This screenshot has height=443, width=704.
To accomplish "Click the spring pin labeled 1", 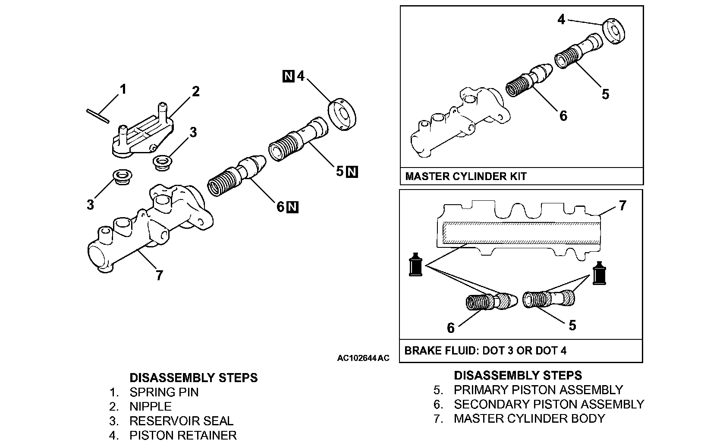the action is pyautogui.click(x=98, y=116).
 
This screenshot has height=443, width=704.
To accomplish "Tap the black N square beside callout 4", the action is pyautogui.click(x=289, y=76).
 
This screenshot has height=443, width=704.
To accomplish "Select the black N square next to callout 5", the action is pyautogui.click(x=352, y=172).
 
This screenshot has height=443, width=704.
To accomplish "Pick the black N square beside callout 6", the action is pyautogui.click(x=292, y=207).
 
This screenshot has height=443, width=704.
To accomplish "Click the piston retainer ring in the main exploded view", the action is pyautogui.click(x=342, y=114).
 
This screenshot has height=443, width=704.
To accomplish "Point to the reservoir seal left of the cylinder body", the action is pyautogui.click(x=122, y=177).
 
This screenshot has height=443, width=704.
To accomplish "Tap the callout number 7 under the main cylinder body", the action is pyautogui.click(x=159, y=275).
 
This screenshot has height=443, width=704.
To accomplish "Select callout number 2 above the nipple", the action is pyautogui.click(x=195, y=92).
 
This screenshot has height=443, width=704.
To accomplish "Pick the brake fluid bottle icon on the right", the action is pyautogui.click(x=599, y=273).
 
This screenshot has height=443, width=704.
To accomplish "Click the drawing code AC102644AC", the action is pyautogui.click(x=363, y=358).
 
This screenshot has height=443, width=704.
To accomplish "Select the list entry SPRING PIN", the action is pyautogui.click(x=164, y=392).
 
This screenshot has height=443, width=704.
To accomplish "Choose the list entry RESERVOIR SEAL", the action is pyautogui.click(x=181, y=421).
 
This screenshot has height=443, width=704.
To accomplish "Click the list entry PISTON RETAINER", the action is pyautogui.click(x=183, y=436).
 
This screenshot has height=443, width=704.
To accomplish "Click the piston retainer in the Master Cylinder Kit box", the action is pyautogui.click(x=613, y=31).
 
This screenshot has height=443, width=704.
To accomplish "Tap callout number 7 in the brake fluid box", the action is pyautogui.click(x=622, y=206).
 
